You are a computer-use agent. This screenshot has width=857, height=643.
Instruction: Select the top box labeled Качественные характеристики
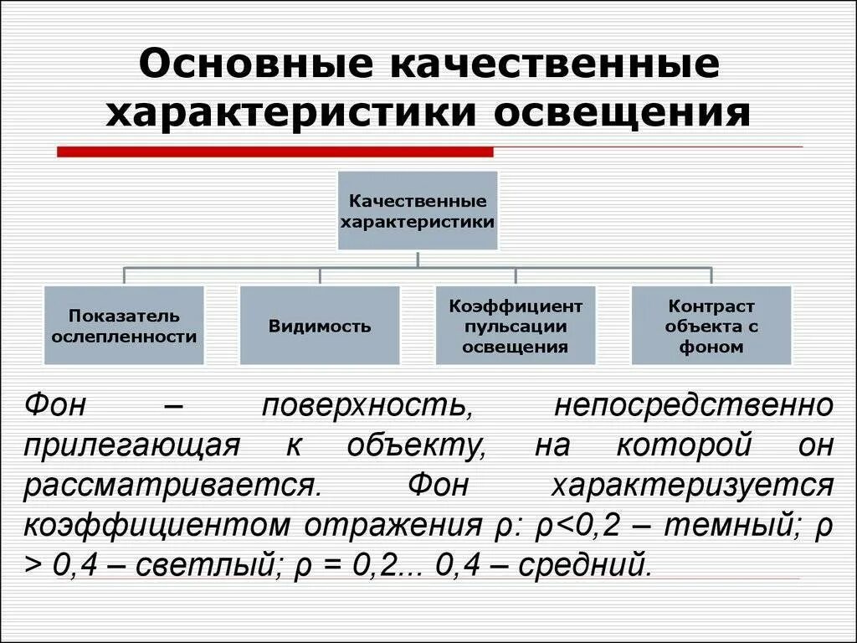pos(418,211)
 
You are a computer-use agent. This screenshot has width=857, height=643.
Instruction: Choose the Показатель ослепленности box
pos(124,326)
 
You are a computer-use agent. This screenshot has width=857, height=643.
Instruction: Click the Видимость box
pos(320,326)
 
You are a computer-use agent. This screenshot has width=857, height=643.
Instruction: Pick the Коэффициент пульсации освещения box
pos(516,326)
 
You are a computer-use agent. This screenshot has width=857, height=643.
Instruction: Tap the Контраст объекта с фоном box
pos(711,326)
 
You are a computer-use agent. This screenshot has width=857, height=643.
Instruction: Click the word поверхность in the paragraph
pos(364,406)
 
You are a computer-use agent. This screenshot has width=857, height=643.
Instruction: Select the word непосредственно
pos(694,406)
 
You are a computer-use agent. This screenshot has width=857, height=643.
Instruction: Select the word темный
pos(734,526)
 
